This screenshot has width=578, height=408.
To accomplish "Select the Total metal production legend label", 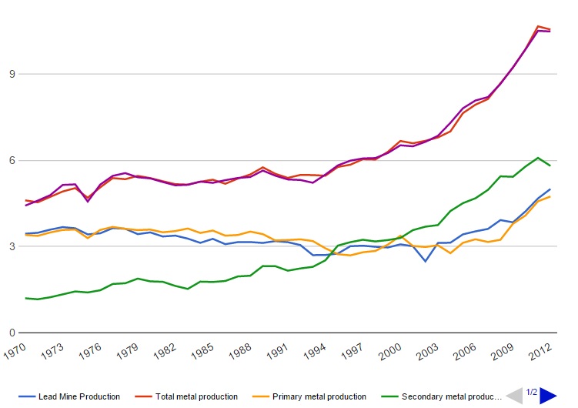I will [196, 396].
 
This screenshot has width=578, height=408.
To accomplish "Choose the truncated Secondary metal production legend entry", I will [450, 396].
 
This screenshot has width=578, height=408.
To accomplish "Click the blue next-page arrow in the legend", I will [548, 396].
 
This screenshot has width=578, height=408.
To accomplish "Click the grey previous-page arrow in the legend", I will [513, 396].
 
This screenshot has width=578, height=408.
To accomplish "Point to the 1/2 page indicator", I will [531, 393].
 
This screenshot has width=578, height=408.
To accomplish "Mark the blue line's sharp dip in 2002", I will [425, 262].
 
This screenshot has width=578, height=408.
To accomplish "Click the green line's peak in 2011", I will [538, 158].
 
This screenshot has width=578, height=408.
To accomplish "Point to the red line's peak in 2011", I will [538, 26].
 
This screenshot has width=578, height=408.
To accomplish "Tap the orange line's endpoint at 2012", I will [550, 196].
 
